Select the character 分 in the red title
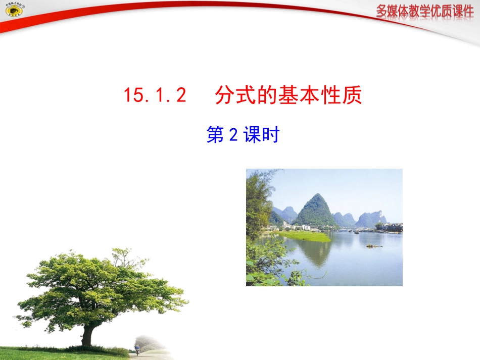(225, 95)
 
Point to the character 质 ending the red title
(352, 95)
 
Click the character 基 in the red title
(289, 95)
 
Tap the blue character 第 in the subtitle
(215, 135)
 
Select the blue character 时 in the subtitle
(270, 135)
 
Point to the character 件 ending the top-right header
(465, 12)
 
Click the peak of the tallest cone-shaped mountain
(316, 195)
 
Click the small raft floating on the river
(374, 246)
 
